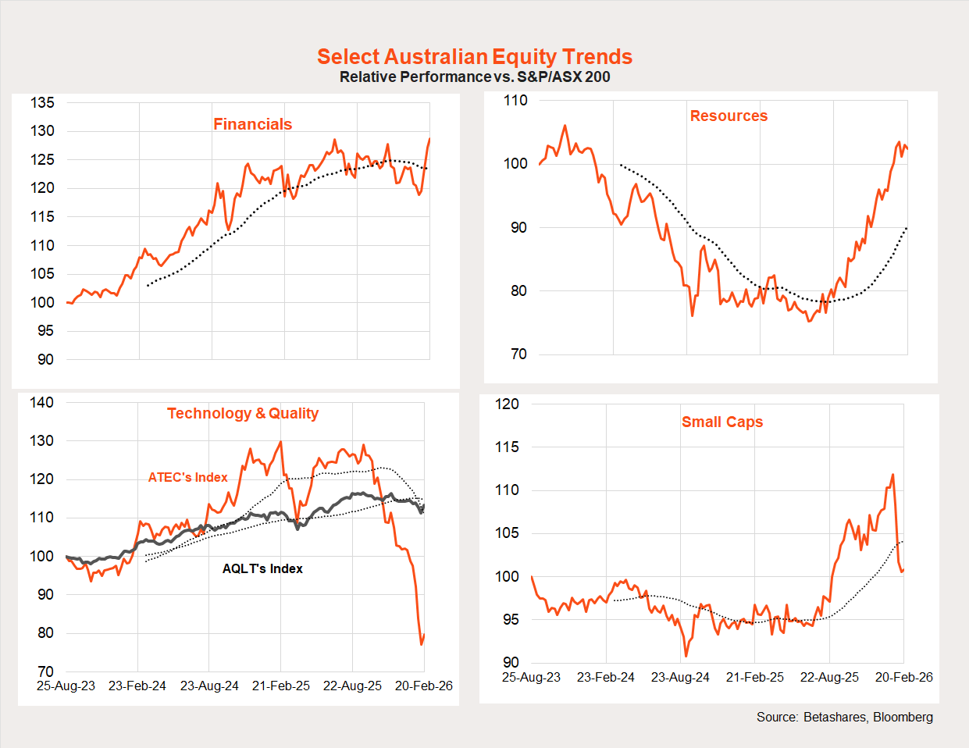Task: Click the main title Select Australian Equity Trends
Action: coord(475,57)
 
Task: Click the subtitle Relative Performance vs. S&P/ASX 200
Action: coord(475,77)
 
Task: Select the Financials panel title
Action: coord(252,124)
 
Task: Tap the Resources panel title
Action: coord(729,116)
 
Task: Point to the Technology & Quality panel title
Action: coord(243,413)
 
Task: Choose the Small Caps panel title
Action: coord(722,422)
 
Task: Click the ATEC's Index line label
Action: coord(188,477)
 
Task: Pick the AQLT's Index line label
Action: coord(262,568)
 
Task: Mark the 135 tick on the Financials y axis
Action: coord(43,102)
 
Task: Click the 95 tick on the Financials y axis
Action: coord(46,330)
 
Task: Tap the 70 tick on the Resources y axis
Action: coord(519,354)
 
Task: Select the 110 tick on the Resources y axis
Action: coord(515,100)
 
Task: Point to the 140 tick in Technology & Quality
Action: coord(42,402)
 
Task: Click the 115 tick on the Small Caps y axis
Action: coord(508,447)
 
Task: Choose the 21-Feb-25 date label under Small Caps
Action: coord(755,677)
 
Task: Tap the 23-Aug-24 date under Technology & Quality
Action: coord(209,686)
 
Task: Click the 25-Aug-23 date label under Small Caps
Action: coord(531,677)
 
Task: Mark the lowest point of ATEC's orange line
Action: coord(422,644)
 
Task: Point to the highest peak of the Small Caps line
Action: coord(892,474)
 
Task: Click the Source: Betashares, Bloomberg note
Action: coord(844,717)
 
